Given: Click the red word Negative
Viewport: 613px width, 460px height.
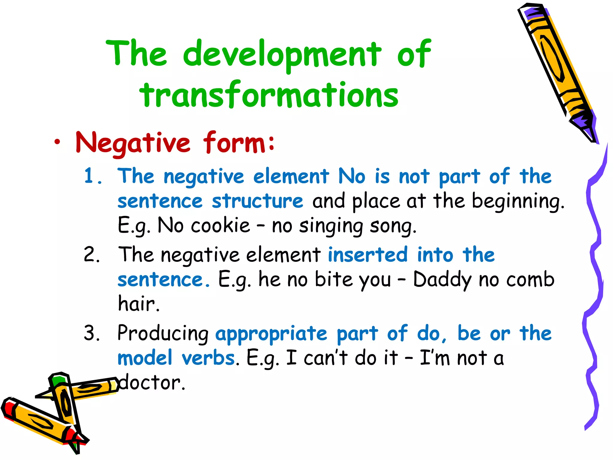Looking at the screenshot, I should coord(133,143).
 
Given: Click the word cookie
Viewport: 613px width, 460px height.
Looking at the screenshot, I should coord(220,226).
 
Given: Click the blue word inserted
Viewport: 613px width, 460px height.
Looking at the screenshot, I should coord(368,255).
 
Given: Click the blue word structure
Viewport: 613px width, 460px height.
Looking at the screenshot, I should coord(257,201).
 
